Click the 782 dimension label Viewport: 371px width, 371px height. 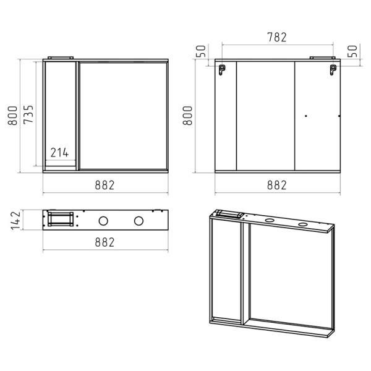(277, 37)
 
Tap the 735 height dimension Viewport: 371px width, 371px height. (28, 114)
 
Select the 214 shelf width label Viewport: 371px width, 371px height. (59, 153)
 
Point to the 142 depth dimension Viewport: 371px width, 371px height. (16, 221)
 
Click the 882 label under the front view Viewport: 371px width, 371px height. (104, 185)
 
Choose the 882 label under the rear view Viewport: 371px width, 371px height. (277, 185)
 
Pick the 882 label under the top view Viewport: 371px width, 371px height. (104, 242)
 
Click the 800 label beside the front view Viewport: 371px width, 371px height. (12, 116)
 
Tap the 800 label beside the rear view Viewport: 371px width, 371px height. (187, 116)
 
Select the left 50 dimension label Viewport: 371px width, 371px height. (201, 51)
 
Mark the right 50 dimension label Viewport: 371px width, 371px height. (352, 51)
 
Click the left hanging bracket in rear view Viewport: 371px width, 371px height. (222, 70)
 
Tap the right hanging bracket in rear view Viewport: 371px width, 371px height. (333, 70)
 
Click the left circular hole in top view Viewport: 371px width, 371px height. (103, 221)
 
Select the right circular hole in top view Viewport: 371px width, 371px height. (139, 221)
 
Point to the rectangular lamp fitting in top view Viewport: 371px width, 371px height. (61, 219)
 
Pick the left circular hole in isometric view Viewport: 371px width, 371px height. (268, 220)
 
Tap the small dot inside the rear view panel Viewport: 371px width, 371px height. (306, 116)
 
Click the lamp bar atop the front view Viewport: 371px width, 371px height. (61, 58)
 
